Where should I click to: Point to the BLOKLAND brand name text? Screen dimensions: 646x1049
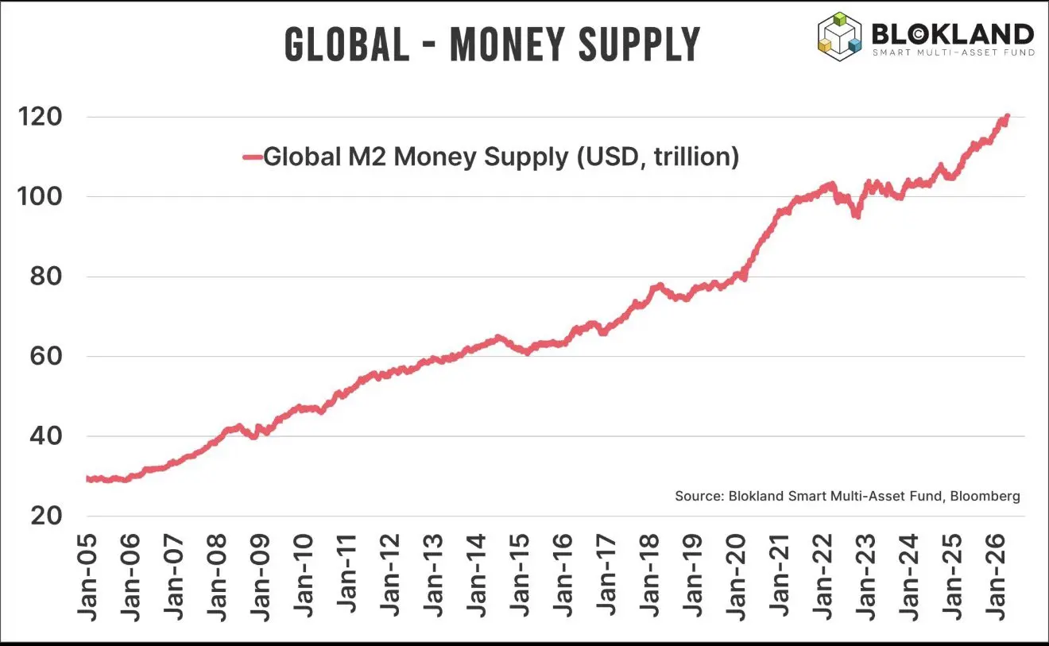point(952,33)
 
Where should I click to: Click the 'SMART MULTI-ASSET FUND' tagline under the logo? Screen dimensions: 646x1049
point(954,52)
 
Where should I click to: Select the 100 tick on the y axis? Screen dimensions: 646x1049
point(40,197)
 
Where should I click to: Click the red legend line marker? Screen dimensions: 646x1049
point(252,157)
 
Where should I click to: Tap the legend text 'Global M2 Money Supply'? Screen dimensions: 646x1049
point(413,157)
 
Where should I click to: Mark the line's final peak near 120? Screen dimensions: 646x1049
point(1007,117)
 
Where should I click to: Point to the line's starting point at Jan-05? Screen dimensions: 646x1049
point(87,478)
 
